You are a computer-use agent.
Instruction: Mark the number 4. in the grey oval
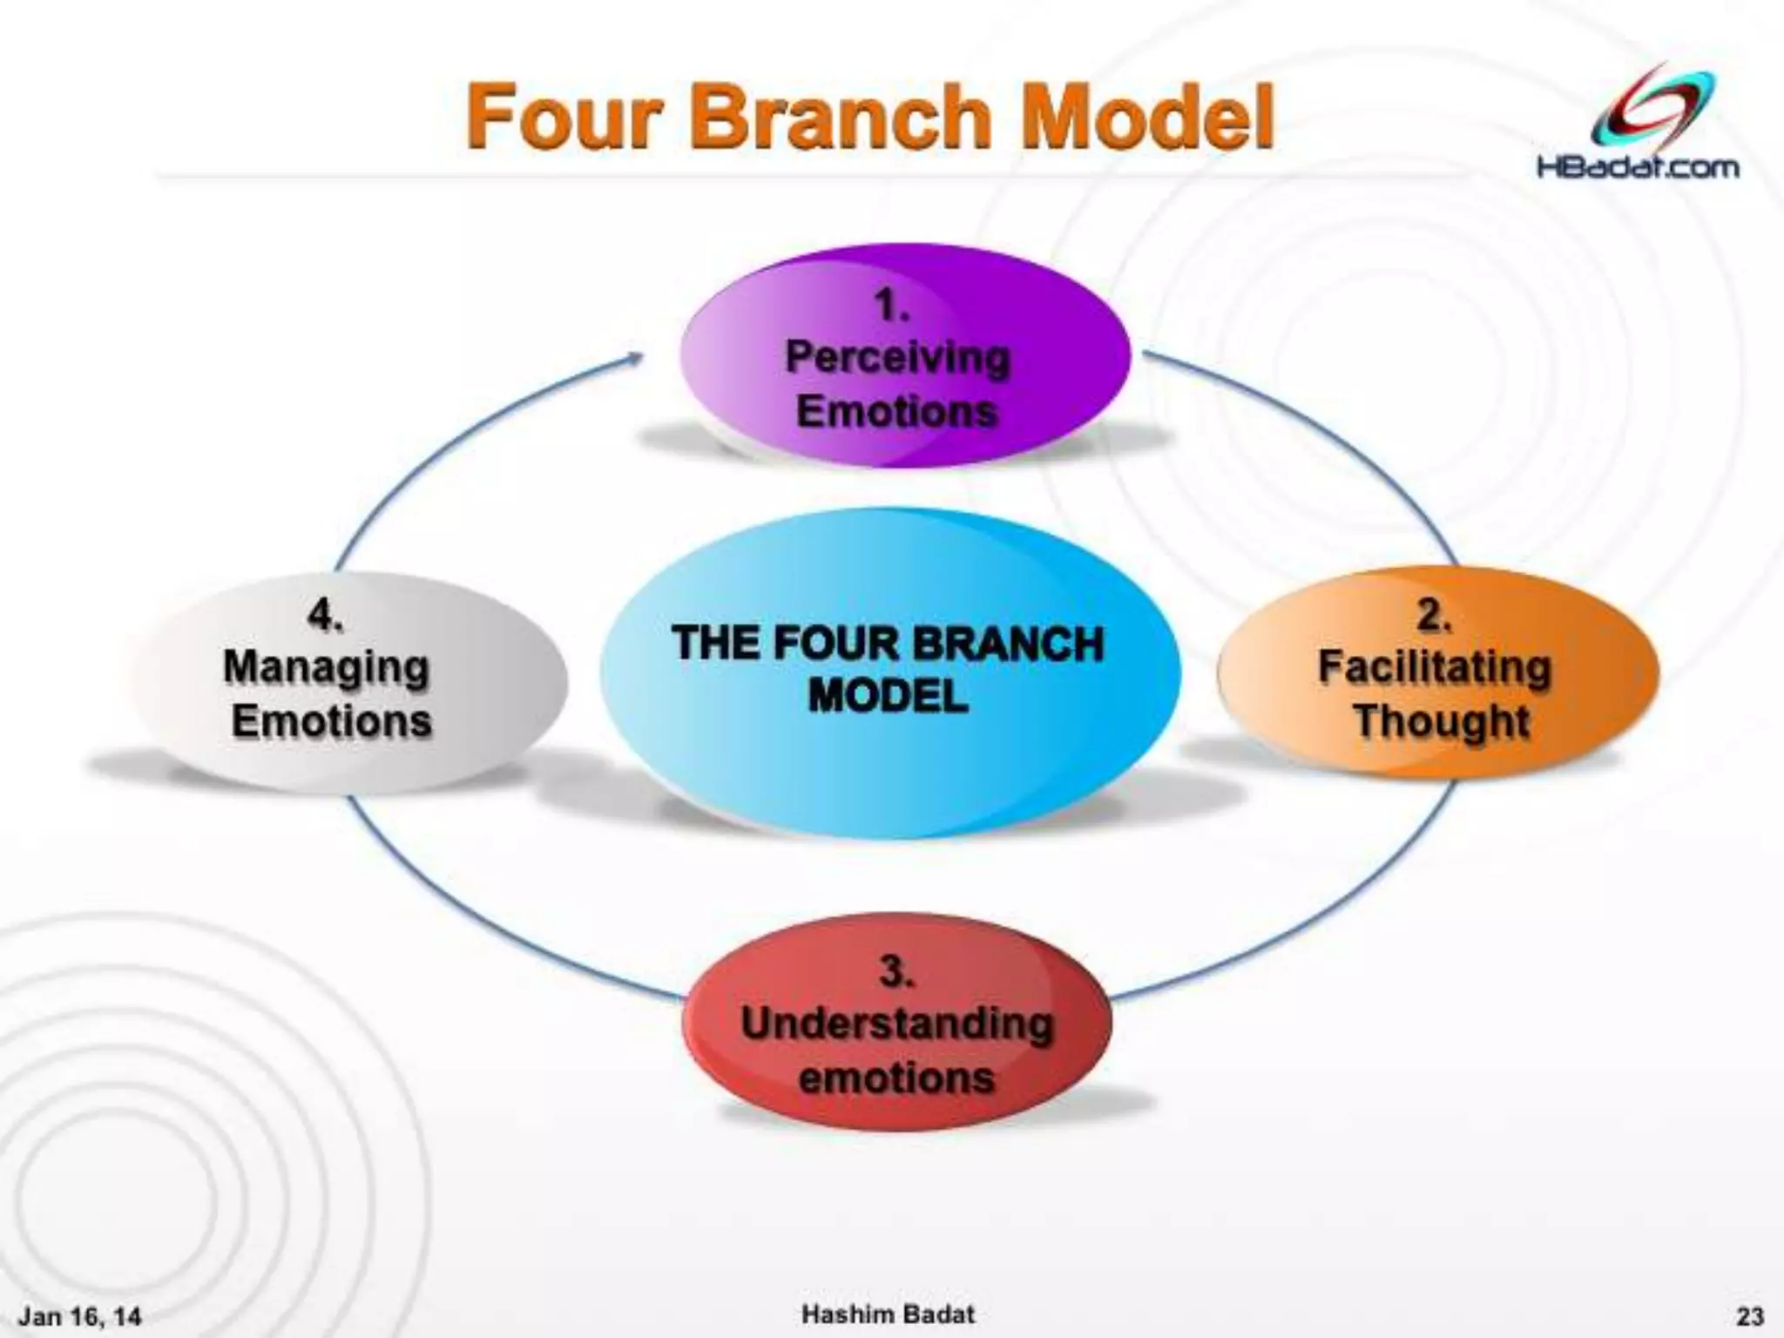324,616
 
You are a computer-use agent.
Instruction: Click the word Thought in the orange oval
1442,721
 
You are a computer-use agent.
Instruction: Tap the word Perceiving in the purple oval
897,357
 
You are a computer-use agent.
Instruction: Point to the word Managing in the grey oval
327,669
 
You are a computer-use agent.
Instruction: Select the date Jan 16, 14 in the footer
80,1315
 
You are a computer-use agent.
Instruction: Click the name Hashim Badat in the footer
888,1314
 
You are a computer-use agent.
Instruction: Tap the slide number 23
1750,1315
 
